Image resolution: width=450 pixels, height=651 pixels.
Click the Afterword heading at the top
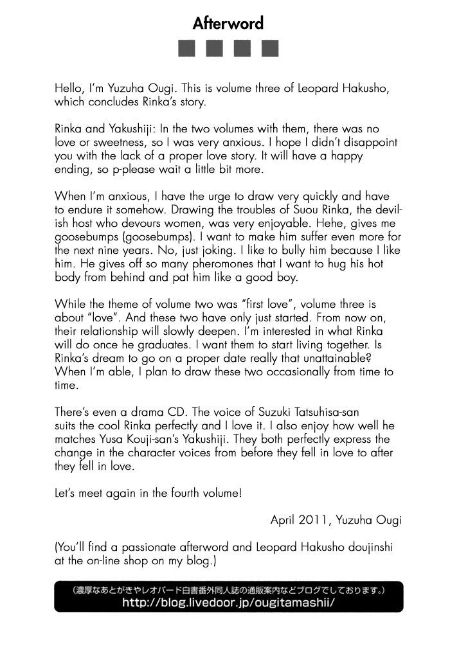tap(228, 24)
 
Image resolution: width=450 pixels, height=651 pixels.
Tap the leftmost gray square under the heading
tap(186, 49)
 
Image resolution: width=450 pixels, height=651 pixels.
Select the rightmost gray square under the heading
tap(270, 49)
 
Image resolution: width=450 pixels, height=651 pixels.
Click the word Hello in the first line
tap(69, 89)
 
